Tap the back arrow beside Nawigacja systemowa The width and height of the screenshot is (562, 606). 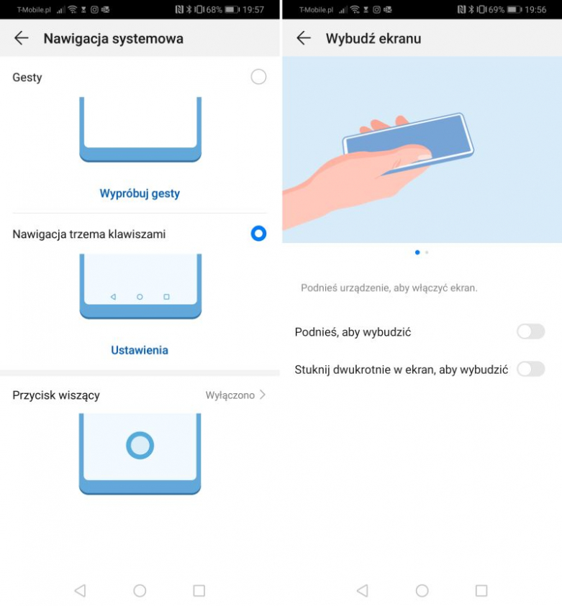pos(22,38)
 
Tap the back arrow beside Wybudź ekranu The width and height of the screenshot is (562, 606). pos(304,38)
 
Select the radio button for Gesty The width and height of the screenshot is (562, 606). pos(258,76)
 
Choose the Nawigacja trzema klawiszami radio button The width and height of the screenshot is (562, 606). pos(258,234)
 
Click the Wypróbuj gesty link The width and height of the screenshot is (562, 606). pos(140,193)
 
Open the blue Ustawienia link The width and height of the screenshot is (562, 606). pos(140,350)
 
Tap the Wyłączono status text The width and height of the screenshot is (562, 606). pos(230,395)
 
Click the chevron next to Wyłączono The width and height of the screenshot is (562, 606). pos(263,395)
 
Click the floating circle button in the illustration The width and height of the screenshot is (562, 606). pos(140,445)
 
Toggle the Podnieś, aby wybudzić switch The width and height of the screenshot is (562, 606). pos(530,331)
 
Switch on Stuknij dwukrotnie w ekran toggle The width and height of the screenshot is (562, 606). pos(530,369)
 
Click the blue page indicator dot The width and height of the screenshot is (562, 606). pos(417,252)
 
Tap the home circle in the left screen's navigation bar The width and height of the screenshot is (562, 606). pos(140,590)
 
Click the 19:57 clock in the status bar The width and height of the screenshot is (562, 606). pos(253,9)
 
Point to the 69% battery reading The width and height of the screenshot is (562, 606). pos(497,9)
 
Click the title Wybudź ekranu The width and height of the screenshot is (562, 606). pos(373,39)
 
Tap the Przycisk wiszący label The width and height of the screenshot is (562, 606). pos(56,395)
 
